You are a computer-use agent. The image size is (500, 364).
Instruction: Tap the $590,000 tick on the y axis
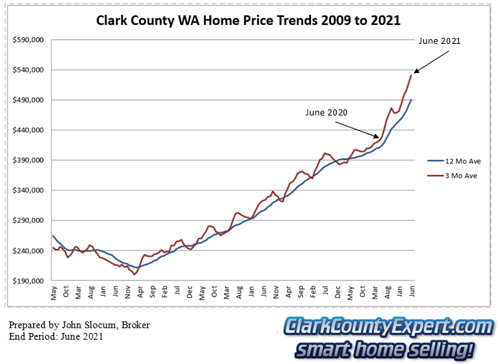click(x=28, y=40)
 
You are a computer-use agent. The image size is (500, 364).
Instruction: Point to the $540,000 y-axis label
click(x=28, y=70)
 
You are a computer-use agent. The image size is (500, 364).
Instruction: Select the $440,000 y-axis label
click(x=28, y=130)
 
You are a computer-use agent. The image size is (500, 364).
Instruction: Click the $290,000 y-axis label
click(x=28, y=221)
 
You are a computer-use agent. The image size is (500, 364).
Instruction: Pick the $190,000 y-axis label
click(x=28, y=281)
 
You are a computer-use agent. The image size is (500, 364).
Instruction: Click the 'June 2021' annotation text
click(x=439, y=41)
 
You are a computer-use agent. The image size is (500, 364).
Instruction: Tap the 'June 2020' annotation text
click(x=326, y=113)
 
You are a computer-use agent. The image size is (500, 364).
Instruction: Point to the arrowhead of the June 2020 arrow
click(x=378, y=137)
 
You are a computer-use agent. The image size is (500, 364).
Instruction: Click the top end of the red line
click(x=411, y=74)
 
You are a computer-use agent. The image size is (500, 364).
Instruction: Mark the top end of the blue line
click(x=412, y=100)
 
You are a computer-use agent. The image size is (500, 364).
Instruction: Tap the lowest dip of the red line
click(x=134, y=274)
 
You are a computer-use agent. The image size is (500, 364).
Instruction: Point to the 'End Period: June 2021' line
click(x=56, y=336)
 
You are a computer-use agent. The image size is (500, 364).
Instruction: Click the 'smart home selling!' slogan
click(x=385, y=350)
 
